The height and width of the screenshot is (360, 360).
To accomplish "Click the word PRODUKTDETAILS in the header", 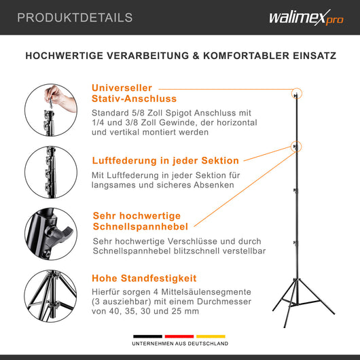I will [75, 18].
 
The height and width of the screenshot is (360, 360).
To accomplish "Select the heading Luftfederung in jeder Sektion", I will [165, 161].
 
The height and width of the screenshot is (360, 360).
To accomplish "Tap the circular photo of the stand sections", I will [52, 170].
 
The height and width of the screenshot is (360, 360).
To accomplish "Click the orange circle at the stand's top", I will [296, 94].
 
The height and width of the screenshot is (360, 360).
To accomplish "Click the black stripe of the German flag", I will [147, 337].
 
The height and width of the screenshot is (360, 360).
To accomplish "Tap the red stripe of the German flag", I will [179, 337].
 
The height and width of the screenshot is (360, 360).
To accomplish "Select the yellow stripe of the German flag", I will [211, 337].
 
